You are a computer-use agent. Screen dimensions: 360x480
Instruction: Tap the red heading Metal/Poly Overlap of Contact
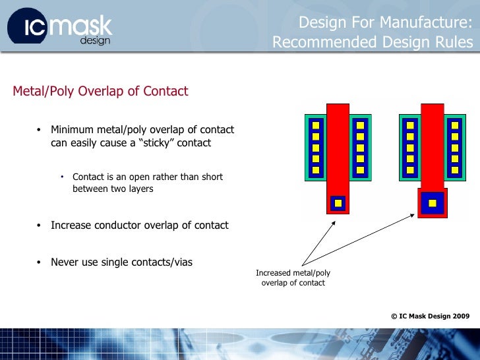tap(100, 92)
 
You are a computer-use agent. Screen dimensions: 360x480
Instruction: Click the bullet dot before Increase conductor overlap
tap(38, 225)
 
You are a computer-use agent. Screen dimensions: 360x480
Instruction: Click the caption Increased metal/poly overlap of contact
tap(293, 278)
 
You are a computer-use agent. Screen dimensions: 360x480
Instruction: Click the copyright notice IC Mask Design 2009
tap(430, 316)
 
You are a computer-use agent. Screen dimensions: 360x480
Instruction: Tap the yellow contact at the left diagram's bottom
tap(338, 203)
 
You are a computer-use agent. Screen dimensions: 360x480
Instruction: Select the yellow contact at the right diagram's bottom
tap(433, 203)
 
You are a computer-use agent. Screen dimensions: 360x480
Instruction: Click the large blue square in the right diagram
tap(433, 203)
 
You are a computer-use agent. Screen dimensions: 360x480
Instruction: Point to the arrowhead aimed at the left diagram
tap(334, 222)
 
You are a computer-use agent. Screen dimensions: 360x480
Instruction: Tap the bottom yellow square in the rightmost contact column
tap(454, 170)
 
